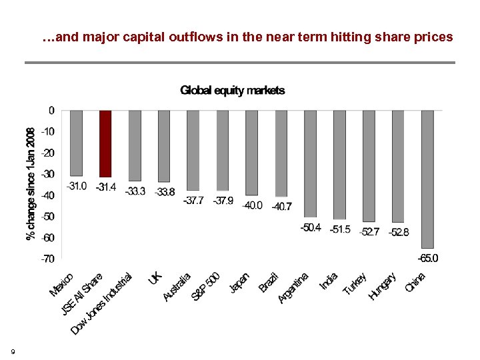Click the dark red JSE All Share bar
pos(105,143)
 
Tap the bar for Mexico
pos(76,143)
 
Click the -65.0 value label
pos(427,258)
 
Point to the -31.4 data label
pos(105,187)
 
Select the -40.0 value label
pos(252,205)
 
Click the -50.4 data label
pos(310,227)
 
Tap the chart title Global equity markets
pos(232,90)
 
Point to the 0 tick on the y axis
pos(51,110)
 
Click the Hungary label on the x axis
pos(383,285)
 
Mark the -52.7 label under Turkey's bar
pos(369,231)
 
